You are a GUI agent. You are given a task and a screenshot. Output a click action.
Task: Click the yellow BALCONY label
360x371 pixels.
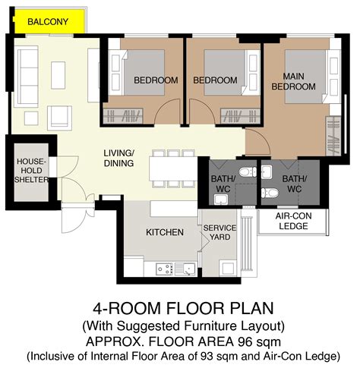(x=48, y=22)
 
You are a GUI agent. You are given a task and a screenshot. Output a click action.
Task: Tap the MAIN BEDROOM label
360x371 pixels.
(x=293, y=81)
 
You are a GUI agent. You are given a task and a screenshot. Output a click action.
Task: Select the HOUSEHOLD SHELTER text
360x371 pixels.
(x=31, y=171)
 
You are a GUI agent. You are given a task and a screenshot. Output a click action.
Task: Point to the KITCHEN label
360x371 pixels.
(x=165, y=232)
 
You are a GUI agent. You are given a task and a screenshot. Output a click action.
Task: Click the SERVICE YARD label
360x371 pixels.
(x=219, y=232)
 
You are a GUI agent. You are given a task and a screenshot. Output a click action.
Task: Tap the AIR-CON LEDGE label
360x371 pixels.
(x=293, y=221)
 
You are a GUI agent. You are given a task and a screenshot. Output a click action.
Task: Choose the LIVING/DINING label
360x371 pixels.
(x=118, y=158)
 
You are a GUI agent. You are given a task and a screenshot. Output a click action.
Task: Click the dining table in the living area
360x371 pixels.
(x=173, y=168)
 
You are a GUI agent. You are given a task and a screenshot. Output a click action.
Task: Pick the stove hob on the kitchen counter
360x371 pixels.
(x=164, y=269)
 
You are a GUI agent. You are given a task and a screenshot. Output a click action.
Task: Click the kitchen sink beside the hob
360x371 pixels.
(x=185, y=269)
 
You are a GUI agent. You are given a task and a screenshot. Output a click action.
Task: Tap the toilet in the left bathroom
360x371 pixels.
(x=248, y=172)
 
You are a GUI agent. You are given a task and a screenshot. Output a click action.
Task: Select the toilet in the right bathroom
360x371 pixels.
(x=270, y=193)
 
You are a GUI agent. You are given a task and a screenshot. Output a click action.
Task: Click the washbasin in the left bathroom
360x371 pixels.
(x=221, y=200)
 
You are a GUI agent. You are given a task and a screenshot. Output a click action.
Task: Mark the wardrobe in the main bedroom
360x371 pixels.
(x=333, y=136)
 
